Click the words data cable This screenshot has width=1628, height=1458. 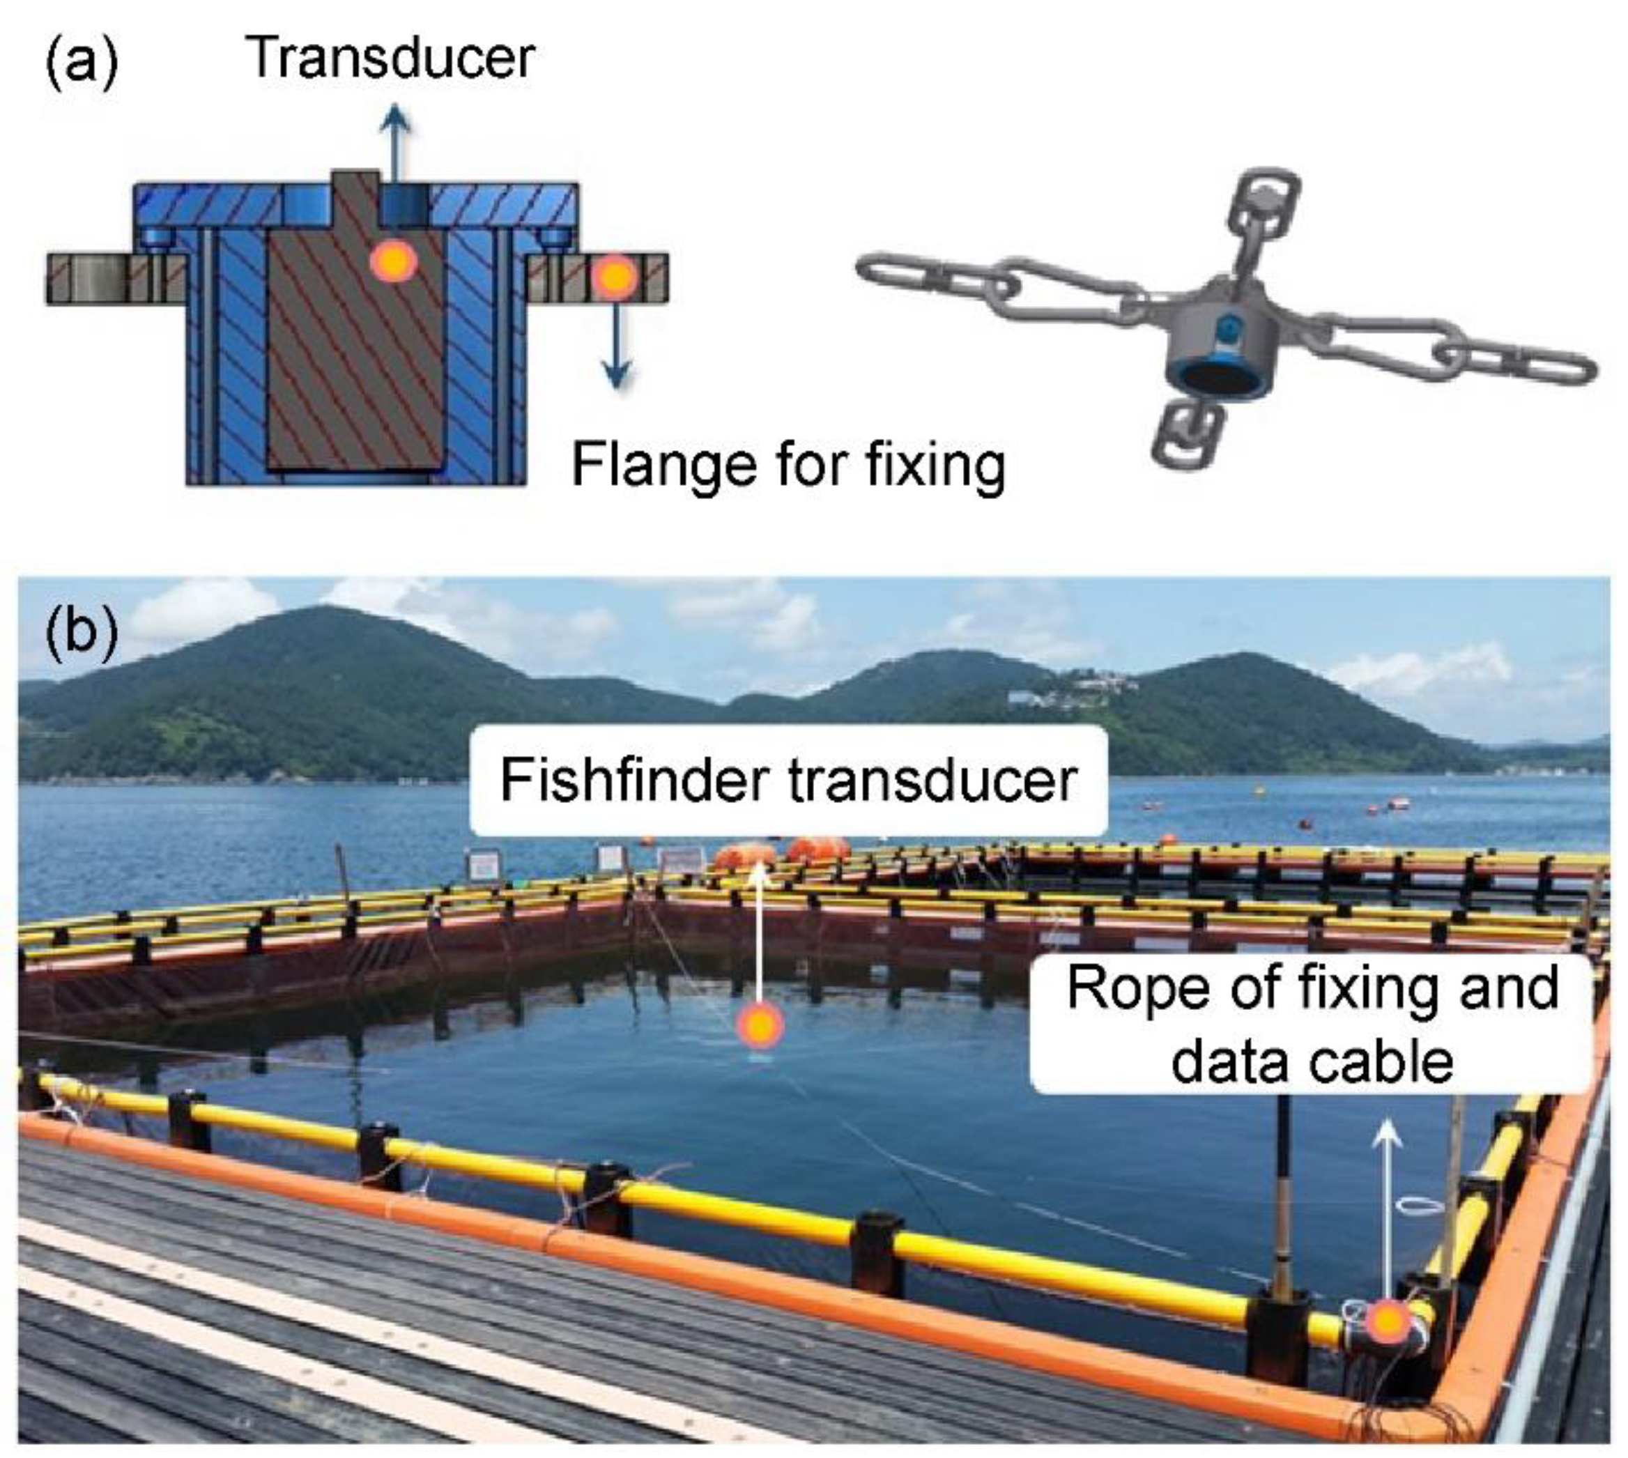coord(1312,1061)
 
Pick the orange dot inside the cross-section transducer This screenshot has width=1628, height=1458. coord(393,259)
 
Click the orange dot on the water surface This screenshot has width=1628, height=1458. coord(760,1025)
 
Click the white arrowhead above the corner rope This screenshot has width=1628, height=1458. coord(1387,1136)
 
